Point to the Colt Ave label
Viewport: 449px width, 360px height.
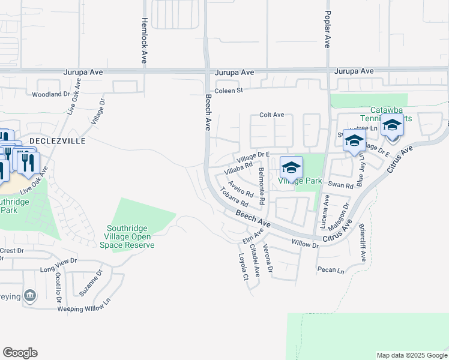(x=271, y=115)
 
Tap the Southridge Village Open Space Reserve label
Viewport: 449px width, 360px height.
(x=130, y=236)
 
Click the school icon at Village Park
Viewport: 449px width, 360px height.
(x=291, y=167)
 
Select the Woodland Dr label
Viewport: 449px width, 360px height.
(x=51, y=94)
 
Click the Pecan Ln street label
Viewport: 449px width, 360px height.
(x=332, y=271)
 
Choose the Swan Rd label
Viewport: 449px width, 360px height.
(x=341, y=186)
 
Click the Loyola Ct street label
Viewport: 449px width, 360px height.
(x=244, y=266)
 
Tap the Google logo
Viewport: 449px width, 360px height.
(x=20, y=352)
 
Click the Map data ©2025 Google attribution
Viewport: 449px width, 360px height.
(x=411, y=355)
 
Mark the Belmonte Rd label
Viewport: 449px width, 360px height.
(x=261, y=185)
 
